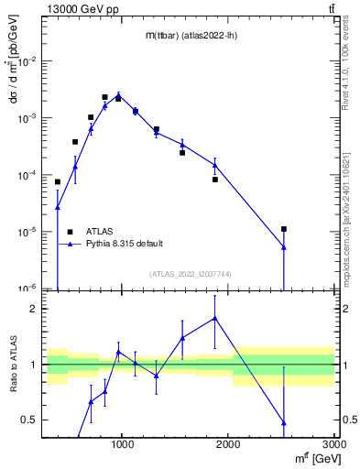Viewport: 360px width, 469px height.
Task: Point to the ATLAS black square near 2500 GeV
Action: [x=284, y=229]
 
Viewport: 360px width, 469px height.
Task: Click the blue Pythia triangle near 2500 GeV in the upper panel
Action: [x=284, y=246]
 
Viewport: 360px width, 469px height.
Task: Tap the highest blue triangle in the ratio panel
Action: [x=215, y=318]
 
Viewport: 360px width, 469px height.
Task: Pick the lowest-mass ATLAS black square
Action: [x=58, y=181]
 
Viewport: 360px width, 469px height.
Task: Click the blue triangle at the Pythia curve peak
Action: [x=118, y=94]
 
